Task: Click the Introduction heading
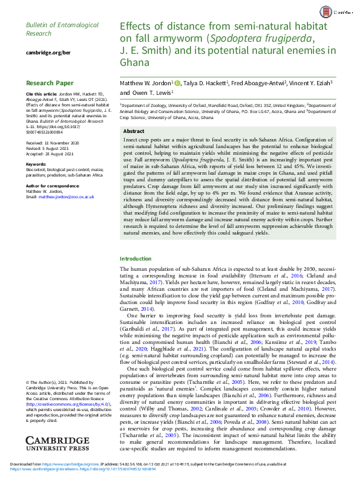pyautogui.click(x=136, y=276)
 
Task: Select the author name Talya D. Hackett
pyautogui.click(x=204, y=82)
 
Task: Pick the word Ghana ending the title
pyautogui.click(x=134, y=62)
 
